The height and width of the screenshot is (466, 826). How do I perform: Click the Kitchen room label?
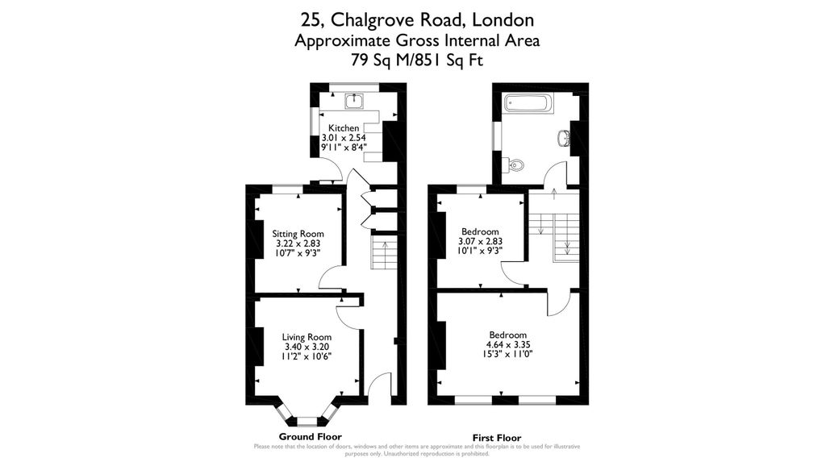pyautogui.click(x=344, y=128)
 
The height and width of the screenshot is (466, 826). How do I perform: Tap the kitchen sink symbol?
pyautogui.click(x=355, y=101)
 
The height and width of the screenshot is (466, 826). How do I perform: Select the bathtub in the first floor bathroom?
pyautogui.click(x=528, y=102)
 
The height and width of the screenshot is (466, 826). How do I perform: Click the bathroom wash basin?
pyautogui.click(x=563, y=139)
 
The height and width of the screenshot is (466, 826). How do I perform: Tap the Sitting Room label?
pyautogui.click(x=298, y=234)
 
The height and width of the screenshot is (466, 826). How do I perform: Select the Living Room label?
pyautogui.click(x=307, y=337)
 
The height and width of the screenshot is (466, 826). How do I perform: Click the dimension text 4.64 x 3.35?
pyautogui.click(x=508, y=344)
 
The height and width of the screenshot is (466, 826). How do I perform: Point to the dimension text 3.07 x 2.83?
pyautogui.click(x=481, y=241)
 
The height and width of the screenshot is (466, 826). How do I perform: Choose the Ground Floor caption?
pyautogui.click(x=311, y=436)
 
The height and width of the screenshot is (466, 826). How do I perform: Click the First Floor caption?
pyautogui.click(x=497, y=438)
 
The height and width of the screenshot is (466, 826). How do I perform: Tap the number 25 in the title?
pyautogui.click(x=308, y=20)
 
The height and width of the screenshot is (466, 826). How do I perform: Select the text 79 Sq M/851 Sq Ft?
pyautogui.click(x=417, y=60)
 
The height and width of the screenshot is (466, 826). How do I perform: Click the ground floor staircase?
pyautogui.click(x=384, y=252)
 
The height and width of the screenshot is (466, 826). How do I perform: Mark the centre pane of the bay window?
pyautogui.click(x=307, y=421)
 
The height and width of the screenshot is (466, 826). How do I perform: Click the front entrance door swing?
pyautogui.click(x=379, y=389)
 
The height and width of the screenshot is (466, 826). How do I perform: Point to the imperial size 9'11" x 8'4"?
pyautogui.click(x=344, y=147)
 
